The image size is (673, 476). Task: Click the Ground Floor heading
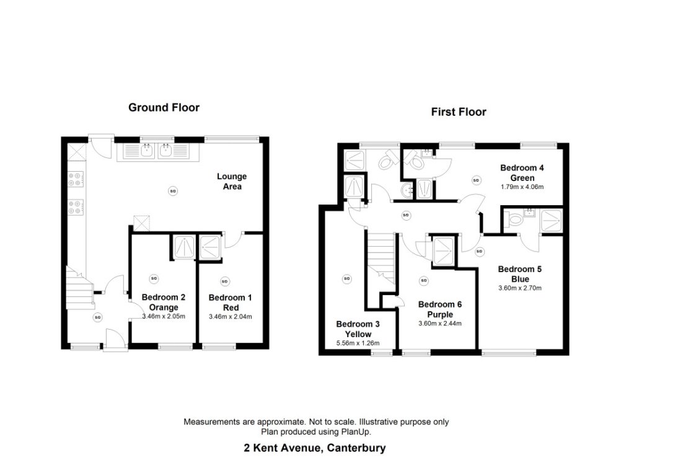[x=164, y=108]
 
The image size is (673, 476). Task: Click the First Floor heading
[x=459, y=112]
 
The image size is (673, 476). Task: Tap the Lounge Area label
[x=231, y=182]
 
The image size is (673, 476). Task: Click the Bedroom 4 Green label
[x=522, y=173]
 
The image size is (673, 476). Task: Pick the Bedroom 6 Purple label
[x=439, y=309]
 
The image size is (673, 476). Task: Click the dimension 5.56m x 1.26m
[x=358, y=343]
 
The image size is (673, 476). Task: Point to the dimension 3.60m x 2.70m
[x=520, y=288]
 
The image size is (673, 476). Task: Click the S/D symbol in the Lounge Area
[x=172, y=192]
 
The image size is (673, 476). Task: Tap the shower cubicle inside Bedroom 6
[x=443, y=252]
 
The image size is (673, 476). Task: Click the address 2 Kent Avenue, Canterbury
[x=314, y=447]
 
